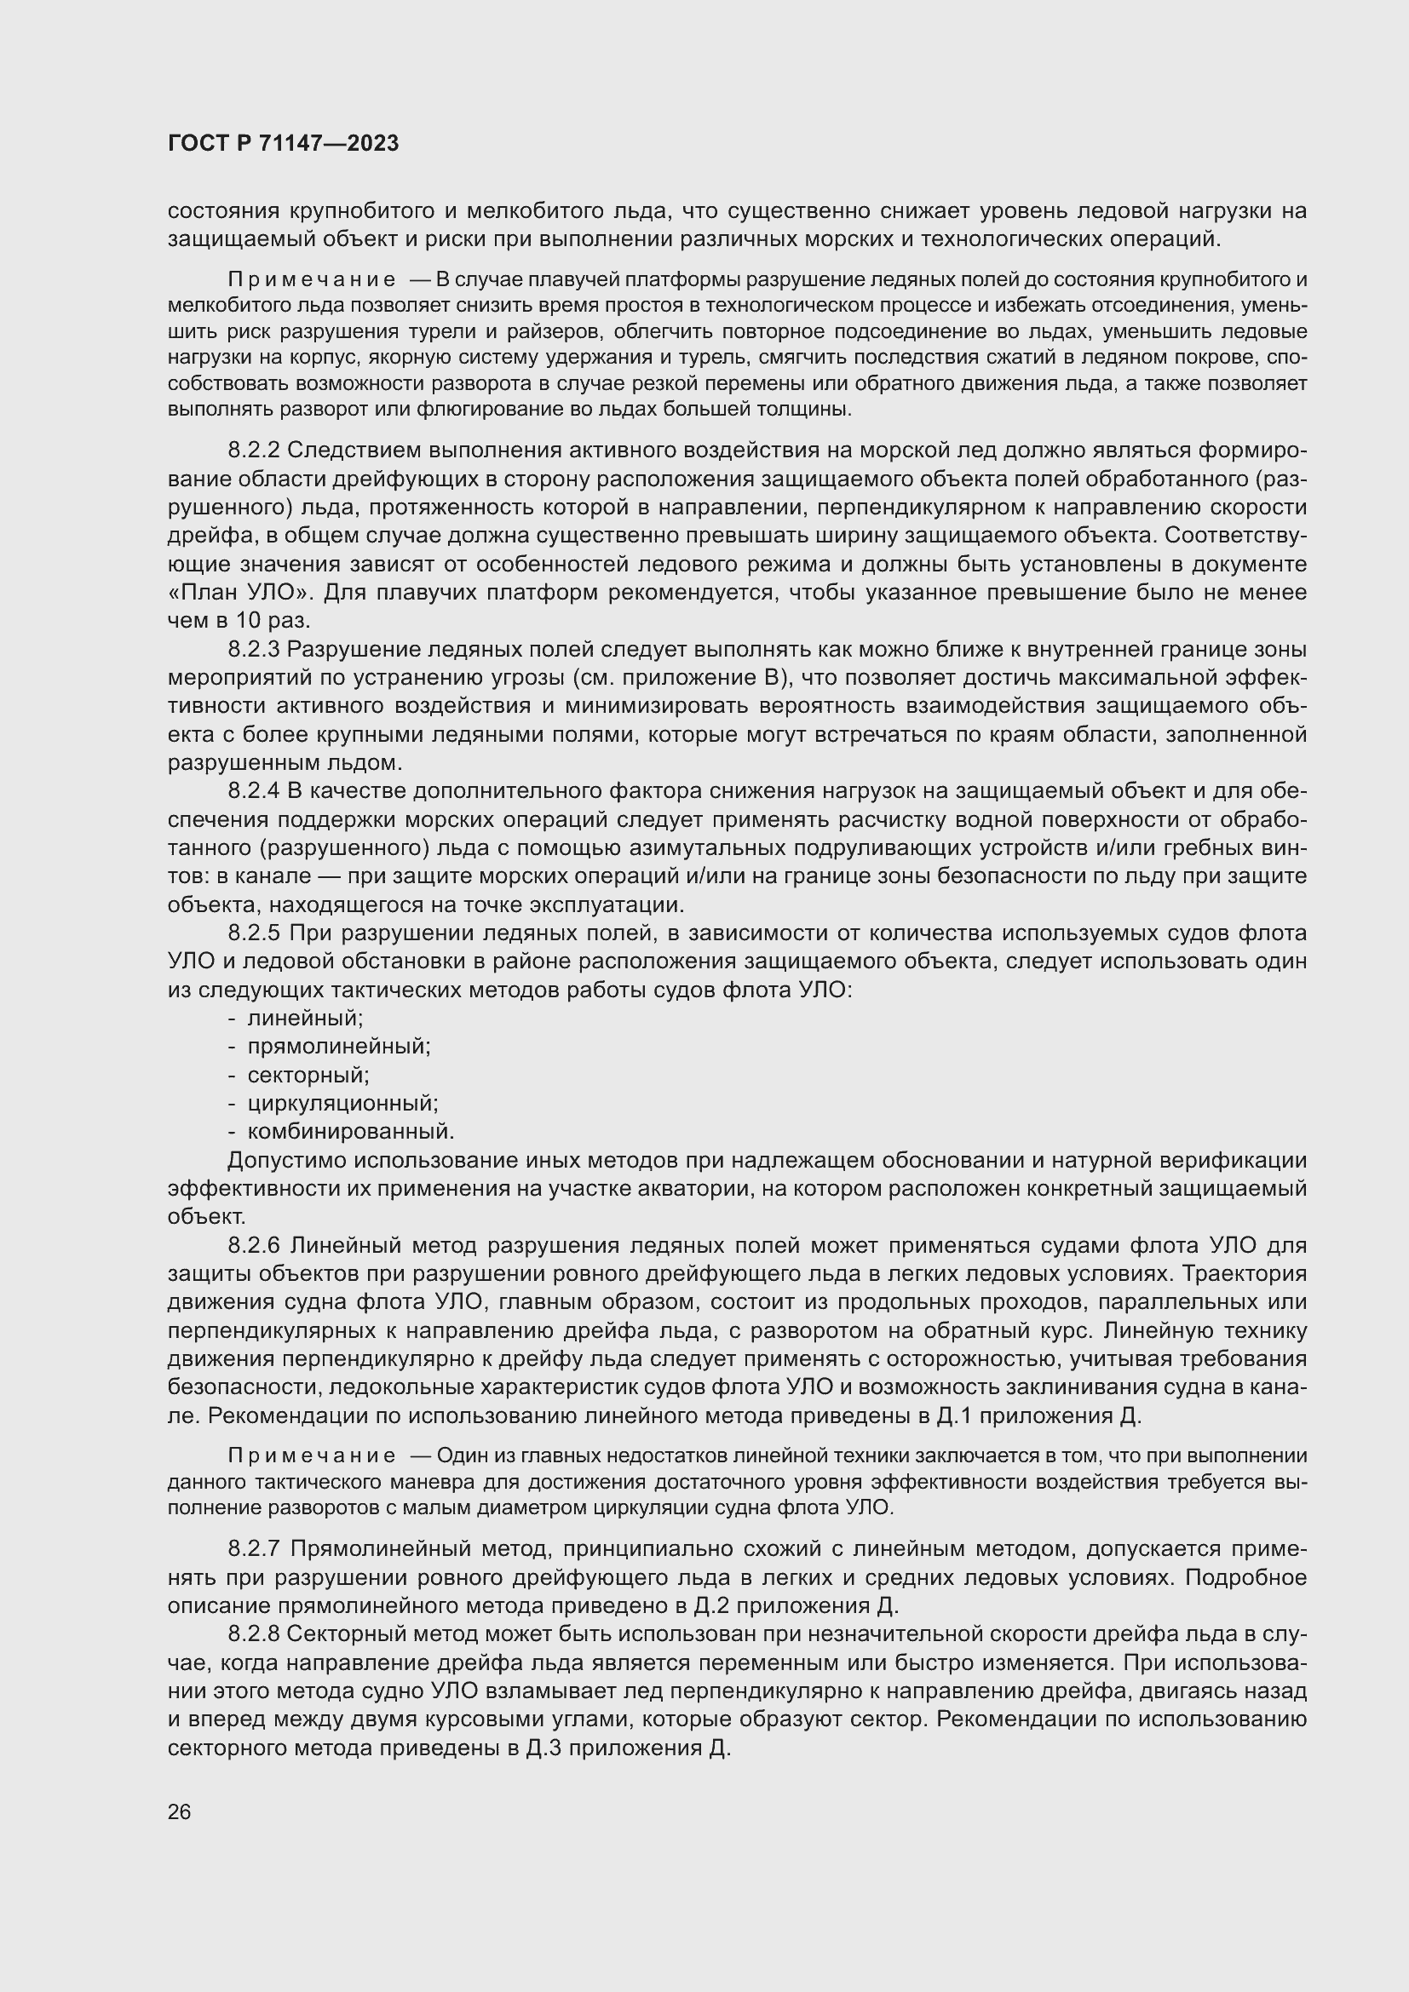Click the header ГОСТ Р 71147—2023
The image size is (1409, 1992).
pos(283,144)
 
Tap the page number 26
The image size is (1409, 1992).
pos(179,1811)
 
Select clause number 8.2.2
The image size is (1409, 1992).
pos(253,451)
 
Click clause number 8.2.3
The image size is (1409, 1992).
pos(253,650)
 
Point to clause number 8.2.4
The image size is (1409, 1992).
pos(253,791)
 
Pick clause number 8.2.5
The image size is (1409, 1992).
pos(254,933)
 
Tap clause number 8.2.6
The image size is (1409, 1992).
pos(254,1246)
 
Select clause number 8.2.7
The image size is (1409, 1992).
pos(254,1548)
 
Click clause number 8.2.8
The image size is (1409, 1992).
pos(253,1634)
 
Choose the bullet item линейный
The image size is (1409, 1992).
pos(304,1019)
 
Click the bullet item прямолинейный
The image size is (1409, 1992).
pos(338,1048)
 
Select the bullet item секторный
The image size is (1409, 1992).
pos(308,1076)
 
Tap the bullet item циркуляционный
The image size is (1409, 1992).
pos(342,1104)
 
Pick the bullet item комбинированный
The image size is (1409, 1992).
pos(350,1132)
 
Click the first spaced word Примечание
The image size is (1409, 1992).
pos(312,280)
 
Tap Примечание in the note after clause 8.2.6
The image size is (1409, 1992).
pos(312,1455)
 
